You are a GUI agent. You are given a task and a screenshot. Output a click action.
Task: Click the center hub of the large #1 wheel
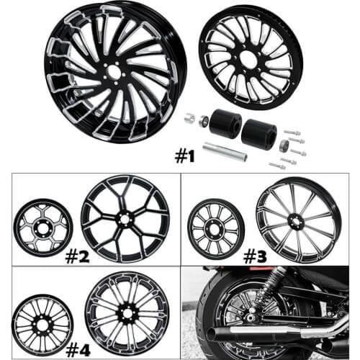(x=114, y=69)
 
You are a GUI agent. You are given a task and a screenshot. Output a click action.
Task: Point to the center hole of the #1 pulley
(x=249, y=59)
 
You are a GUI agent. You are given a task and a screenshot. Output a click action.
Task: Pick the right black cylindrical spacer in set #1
(x=258, y=134)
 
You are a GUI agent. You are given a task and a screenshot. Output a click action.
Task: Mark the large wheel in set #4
(x=127, y=311)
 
